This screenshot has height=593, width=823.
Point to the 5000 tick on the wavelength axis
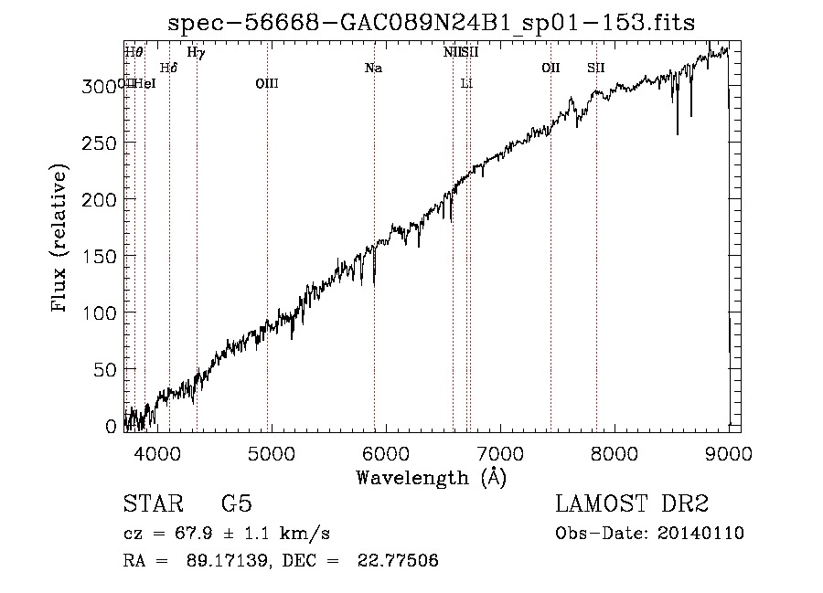click(x=270, y=453)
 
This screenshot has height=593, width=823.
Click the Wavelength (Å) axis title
click(x=431, y=477)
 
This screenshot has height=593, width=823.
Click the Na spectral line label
click(x=373, y=69)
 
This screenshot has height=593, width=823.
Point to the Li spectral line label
click(x=466, y=84)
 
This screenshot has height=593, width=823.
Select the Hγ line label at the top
click(x=196, y=53)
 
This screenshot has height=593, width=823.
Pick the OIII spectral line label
click(x=267, y=84)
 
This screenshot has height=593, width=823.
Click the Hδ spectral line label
click(x=168, y=69)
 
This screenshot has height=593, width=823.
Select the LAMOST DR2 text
click(x=632, y=504)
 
